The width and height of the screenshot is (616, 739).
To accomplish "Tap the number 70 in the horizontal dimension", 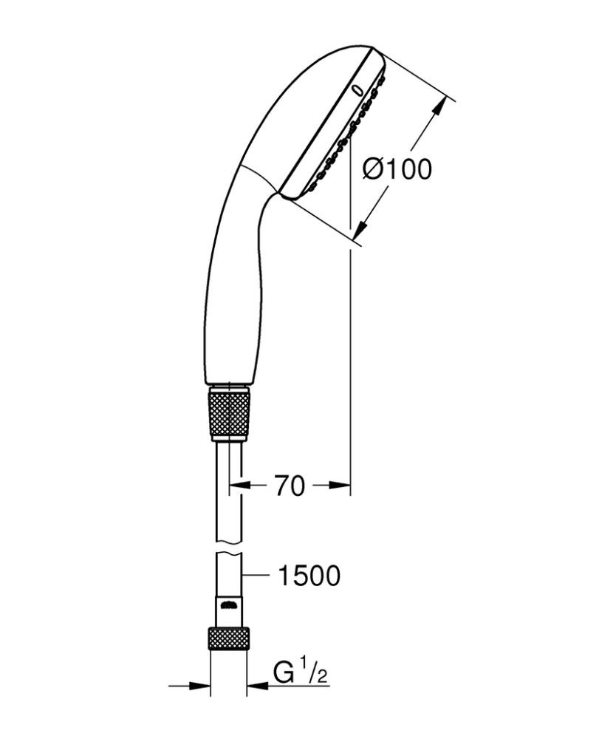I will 289,486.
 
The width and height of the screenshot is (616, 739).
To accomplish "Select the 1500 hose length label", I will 309,575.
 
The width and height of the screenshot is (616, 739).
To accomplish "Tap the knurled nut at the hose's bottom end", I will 227,637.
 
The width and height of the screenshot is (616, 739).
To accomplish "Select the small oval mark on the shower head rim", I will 358,89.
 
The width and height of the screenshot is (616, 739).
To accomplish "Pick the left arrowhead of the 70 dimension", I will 236,486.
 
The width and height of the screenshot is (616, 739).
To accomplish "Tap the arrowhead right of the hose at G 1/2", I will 256,686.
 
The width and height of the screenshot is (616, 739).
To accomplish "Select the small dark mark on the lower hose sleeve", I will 228,605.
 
